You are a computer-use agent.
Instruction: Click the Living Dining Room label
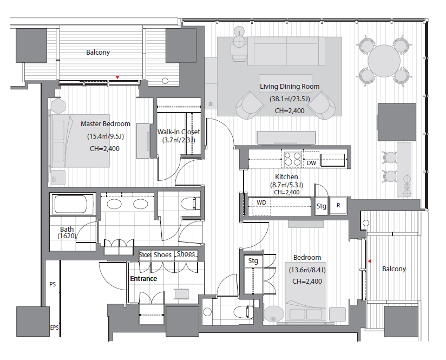[x=290, y=87]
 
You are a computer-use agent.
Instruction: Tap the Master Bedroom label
[x=106, y=124]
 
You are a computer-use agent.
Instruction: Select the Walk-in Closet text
[x=179, y=132]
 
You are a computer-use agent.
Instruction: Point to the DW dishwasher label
[x=311, y=163]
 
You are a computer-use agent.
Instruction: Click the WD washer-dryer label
[x=261, y=202]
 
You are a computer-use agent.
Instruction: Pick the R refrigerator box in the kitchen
[x=338, y=205]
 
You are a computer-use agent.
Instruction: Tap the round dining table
[x=384, y=61]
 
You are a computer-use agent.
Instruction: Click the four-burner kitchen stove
[x=292, y=159]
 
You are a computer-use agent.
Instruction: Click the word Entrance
[x=143, y=279]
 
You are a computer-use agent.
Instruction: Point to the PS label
[x=53, y=284]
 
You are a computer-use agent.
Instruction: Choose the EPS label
[x=54, y=328]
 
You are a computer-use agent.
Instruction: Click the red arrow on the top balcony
[x=117, y=77]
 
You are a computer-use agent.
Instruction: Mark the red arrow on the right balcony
[x=370, y=261]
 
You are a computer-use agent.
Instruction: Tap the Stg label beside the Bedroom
[x=253, y=261]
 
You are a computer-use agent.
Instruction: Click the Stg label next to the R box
[x=322, y=206]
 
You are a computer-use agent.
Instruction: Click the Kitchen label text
[x=286, y=176]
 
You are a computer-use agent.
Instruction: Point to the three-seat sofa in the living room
[x=286, y=51]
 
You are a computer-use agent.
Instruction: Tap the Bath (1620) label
[x=67, y=232]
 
